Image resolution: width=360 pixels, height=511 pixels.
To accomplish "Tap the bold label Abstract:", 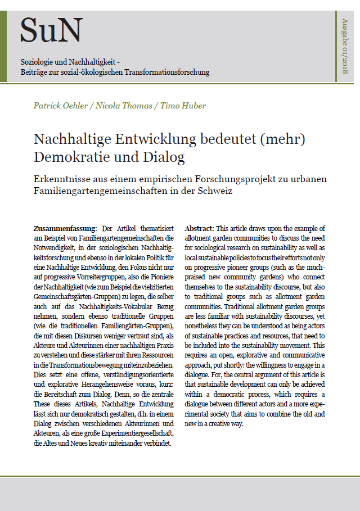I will pos(199,228).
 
